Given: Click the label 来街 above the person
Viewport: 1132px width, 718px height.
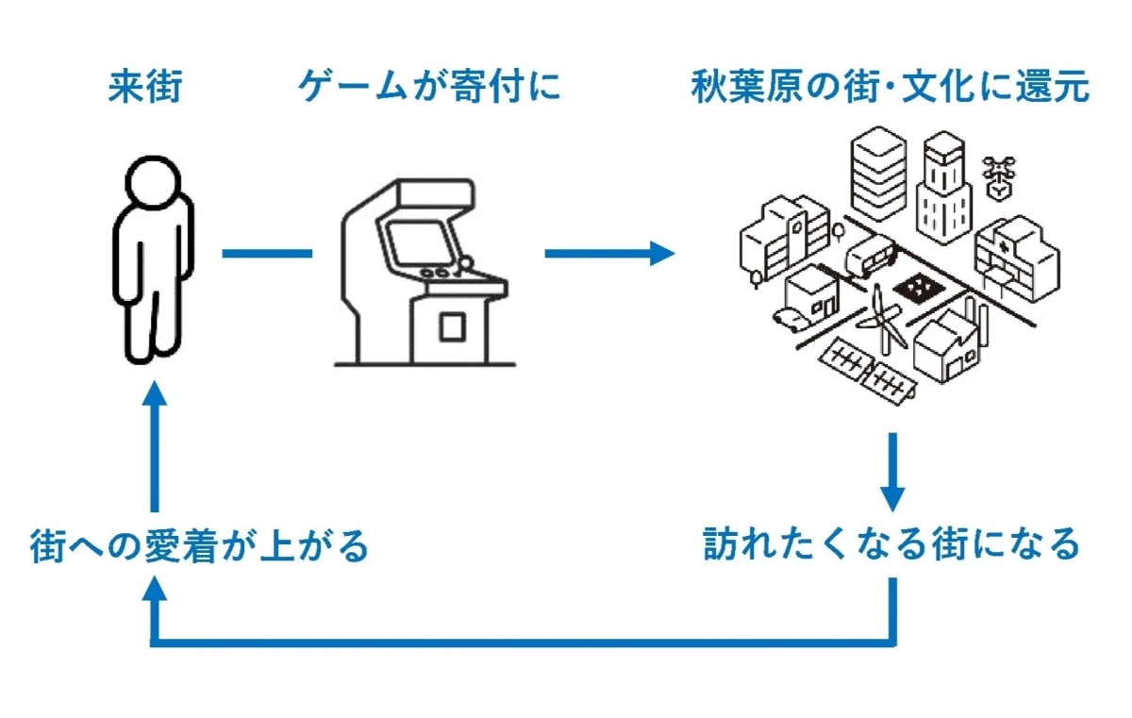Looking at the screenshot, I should click(144, 88).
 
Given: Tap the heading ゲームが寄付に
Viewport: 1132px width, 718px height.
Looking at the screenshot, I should click(429, 88).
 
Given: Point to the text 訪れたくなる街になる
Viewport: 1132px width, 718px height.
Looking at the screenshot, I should click(891, 544).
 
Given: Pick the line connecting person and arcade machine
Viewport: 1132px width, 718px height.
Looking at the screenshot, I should click(267, 253).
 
